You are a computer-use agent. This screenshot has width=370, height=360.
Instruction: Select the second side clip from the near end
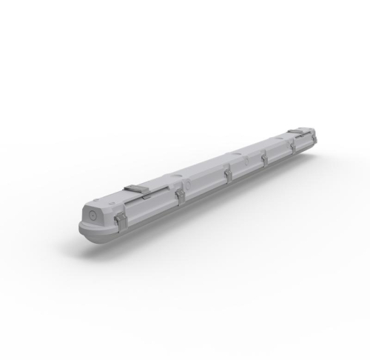180,196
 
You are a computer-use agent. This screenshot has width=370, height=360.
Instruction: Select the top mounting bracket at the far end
300,132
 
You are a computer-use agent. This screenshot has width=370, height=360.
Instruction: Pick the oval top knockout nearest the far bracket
278,139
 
